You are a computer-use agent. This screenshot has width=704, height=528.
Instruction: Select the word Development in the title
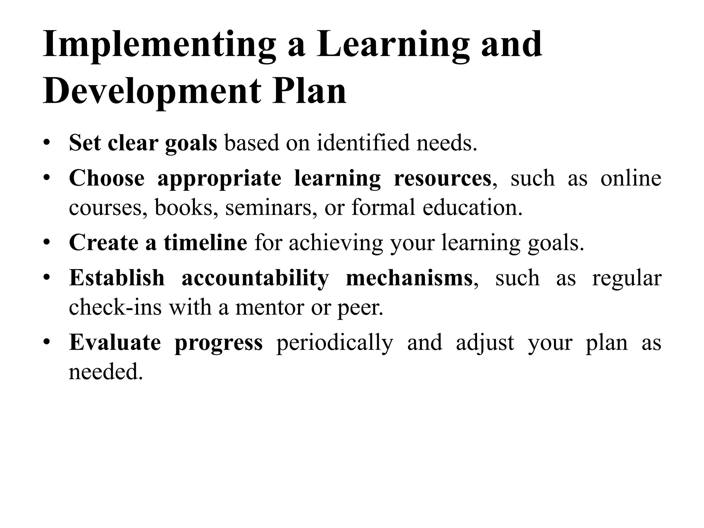[152, 92]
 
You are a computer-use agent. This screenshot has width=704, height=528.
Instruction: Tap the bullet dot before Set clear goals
[47, 143]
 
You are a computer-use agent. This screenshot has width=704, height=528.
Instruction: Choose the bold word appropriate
[219, 179]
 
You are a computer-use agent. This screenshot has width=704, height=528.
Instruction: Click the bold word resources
[442, 179]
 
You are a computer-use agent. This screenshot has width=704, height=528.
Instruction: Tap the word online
[631, 179]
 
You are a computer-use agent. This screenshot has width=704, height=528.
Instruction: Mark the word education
[472, 208]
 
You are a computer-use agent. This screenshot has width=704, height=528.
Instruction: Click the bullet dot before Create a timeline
[47, 242]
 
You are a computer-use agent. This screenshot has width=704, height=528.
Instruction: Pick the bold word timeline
[205, 242]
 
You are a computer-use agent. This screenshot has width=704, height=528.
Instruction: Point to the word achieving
[335, 242]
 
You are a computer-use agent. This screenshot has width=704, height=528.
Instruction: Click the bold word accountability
[255, 278]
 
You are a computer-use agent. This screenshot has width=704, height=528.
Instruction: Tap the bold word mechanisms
[409, 278]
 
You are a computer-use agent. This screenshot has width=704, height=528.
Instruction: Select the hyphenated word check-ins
[115, 307]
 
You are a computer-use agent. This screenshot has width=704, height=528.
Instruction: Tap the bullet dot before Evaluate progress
[47, 342]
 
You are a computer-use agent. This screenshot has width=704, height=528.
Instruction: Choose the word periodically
[334, 342]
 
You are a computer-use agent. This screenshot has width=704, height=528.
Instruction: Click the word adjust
[485, 342]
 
